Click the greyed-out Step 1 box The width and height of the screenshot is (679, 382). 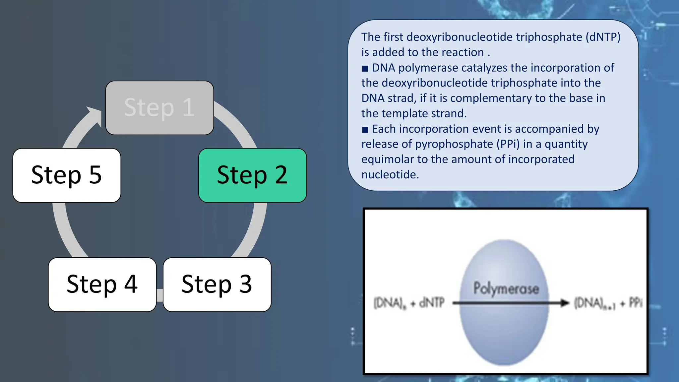coord(159,108)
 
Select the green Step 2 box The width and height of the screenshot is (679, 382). coord(252,175)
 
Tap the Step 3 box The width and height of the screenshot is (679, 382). coord(217,285)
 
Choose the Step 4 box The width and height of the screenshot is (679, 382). coord(102,285)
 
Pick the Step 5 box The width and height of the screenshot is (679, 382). coord(67,175)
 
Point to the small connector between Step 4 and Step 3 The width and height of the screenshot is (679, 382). coord(160,295)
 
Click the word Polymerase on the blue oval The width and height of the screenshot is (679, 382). coord(506,288)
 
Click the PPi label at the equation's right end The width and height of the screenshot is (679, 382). coord(635,303)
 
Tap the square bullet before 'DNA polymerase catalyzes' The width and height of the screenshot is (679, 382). coord(365,69)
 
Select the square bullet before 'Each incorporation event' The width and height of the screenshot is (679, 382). coord(365,130)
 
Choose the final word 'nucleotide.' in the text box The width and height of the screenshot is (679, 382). coord(390,174)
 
